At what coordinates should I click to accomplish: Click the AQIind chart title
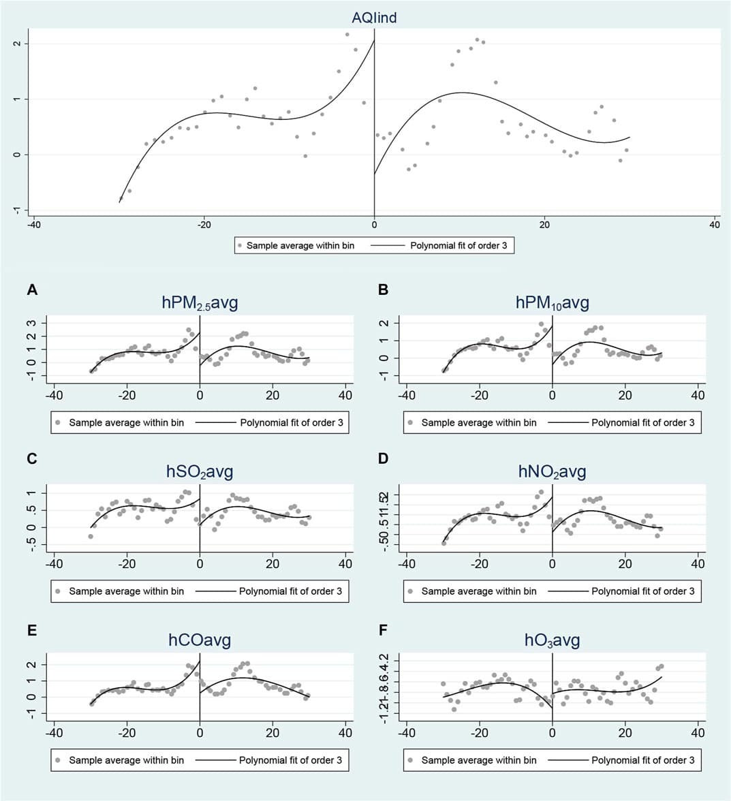(x=374, y=18)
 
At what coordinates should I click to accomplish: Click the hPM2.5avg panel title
(x=200, y=303)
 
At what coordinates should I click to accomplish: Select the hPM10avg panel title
(x=552, y=303)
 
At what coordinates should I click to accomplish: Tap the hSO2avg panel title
(x=200, y=471)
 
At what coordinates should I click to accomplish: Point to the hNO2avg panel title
(x=552, y=471)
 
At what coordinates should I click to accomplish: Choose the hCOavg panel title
(x=200, y=640)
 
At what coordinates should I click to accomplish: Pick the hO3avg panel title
(x=552, y=640)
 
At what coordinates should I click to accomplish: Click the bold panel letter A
(x=31, y=290)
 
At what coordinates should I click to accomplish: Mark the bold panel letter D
(x=384, y=458)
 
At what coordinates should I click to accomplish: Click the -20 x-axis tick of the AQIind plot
(x=204, y=225)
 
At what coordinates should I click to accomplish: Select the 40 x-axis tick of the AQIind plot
(x=714, y=225)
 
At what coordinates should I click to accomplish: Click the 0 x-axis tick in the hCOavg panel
(x=200, y=733)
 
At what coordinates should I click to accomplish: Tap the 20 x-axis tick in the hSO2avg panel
(x=273, y=563)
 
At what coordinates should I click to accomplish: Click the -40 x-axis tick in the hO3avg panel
(x=406, y=733)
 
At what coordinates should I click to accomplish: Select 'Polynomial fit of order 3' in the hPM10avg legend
(x=642, y=422)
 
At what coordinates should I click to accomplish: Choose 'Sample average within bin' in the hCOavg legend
(x=126, y=760)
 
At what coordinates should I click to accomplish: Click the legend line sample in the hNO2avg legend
(x=567, y=591)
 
